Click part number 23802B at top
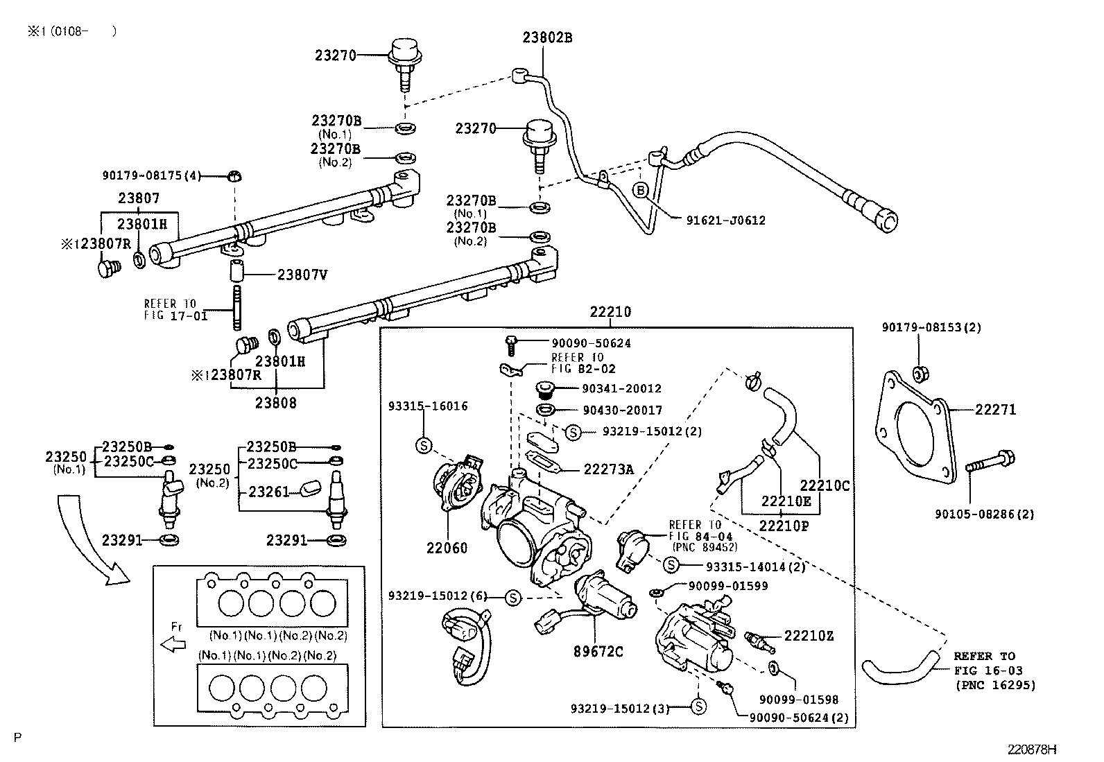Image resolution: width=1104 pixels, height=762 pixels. click(x=547, y=37)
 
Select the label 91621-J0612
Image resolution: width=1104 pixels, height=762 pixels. click(x=725, y=220)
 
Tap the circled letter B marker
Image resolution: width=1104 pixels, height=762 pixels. click(x=641, y=190)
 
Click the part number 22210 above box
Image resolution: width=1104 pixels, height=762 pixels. click(x=610, y=312)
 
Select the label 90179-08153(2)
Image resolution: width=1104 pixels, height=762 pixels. click(x=931, y=327)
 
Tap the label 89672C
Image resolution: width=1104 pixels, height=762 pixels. click(x=598, y=651)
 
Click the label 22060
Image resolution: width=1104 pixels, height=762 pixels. click(x=447, y=548)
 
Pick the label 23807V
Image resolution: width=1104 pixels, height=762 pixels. click(x=302, y=275)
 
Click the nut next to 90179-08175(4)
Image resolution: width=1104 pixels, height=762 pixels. click(x=234, y=175)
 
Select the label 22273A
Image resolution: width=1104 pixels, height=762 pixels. click(x=608, y=469)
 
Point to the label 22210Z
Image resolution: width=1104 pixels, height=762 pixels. click(x=809, y=636)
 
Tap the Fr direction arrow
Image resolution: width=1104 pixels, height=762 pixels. click(x=173, y=645)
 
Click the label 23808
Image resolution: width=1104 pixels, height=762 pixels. click(x=275, y=403)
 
